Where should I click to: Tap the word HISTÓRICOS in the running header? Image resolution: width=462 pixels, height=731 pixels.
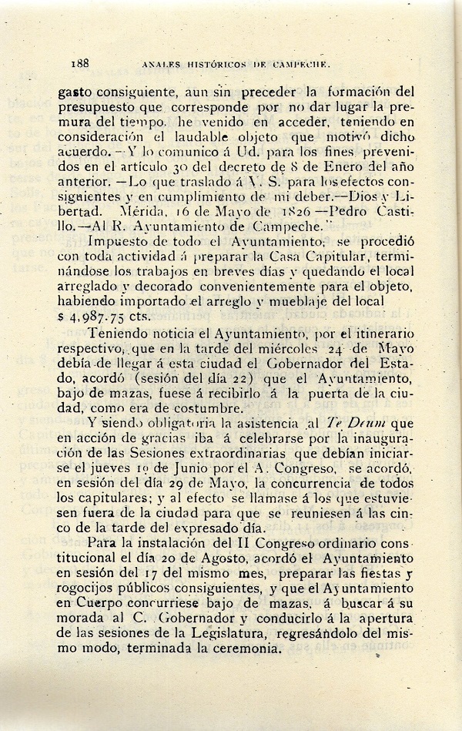click(206, 65)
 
